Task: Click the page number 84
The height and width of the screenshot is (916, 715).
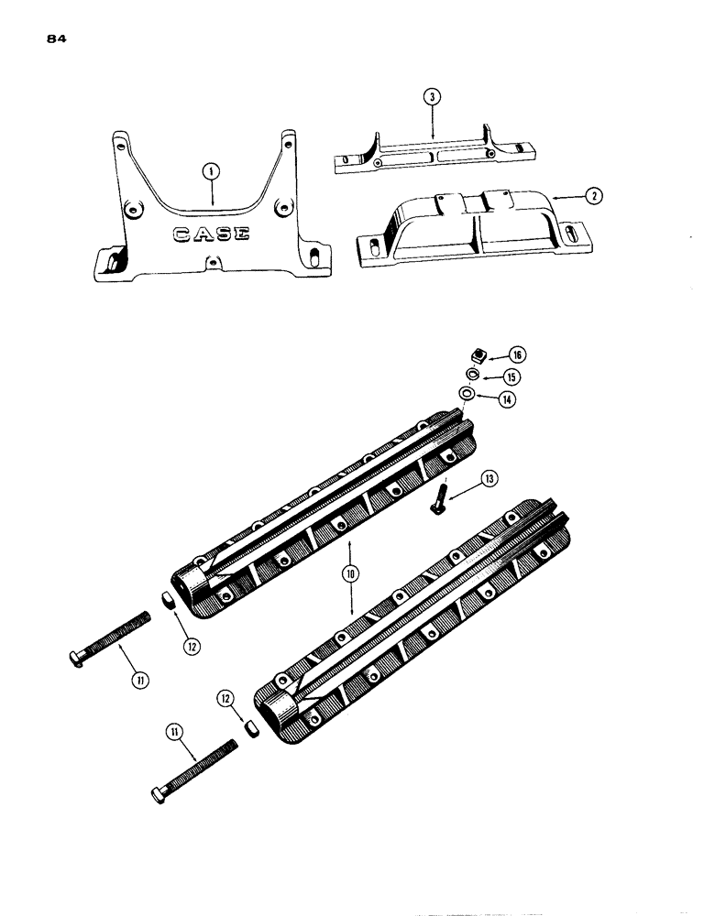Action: [x=52, y=40]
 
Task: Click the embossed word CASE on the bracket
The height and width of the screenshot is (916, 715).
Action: [x=211, y=234]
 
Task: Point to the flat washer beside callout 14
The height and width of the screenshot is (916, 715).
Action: [x=468, y=394]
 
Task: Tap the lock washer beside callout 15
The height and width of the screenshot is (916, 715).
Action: [x=470, y=375]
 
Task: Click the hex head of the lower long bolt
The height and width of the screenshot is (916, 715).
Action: [x=158, y=793]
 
